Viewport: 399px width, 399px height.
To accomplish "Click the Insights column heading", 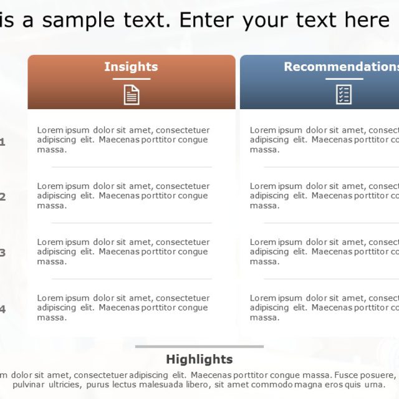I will pyautogui.click(x=131, y=67).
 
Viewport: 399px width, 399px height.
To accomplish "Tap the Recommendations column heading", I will pyautogui.click(x=341, y=67).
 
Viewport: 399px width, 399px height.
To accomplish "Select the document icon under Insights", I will pyautogui.click(x=132, y=94).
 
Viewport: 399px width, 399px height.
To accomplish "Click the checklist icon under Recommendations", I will pyautogui.click(x=344, y=94).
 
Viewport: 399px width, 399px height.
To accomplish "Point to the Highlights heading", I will pyautogui.click(x=199, y=359).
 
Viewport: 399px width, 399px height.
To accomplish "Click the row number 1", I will pyautogui.click(x=2, y=142).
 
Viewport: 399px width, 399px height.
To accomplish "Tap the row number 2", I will pyautogui.click(x=2, y=197).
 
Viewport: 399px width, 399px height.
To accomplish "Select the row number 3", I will pyautogui.click(x=2, y=253).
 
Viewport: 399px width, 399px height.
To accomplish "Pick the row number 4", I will pyautogui.click(x=2, y=309).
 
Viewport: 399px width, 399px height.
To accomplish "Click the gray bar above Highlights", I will pyautogui.click(x=199, y=347).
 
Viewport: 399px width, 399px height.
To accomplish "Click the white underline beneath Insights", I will pyautogui.click(x=132, y=79).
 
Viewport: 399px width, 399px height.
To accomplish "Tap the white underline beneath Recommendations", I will pyautogui.click(x=344, y=79).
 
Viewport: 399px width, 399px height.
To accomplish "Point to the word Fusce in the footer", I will pyautogui.click(x=349, y=375).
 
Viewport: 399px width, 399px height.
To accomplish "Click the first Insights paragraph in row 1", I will pyautogui.click(x=123, y=140).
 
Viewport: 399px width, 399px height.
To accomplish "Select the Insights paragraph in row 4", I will pyautogui.click(x=123, y=308).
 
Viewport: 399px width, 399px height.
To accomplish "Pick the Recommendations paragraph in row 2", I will pyautogui.click(x=324, y=196).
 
